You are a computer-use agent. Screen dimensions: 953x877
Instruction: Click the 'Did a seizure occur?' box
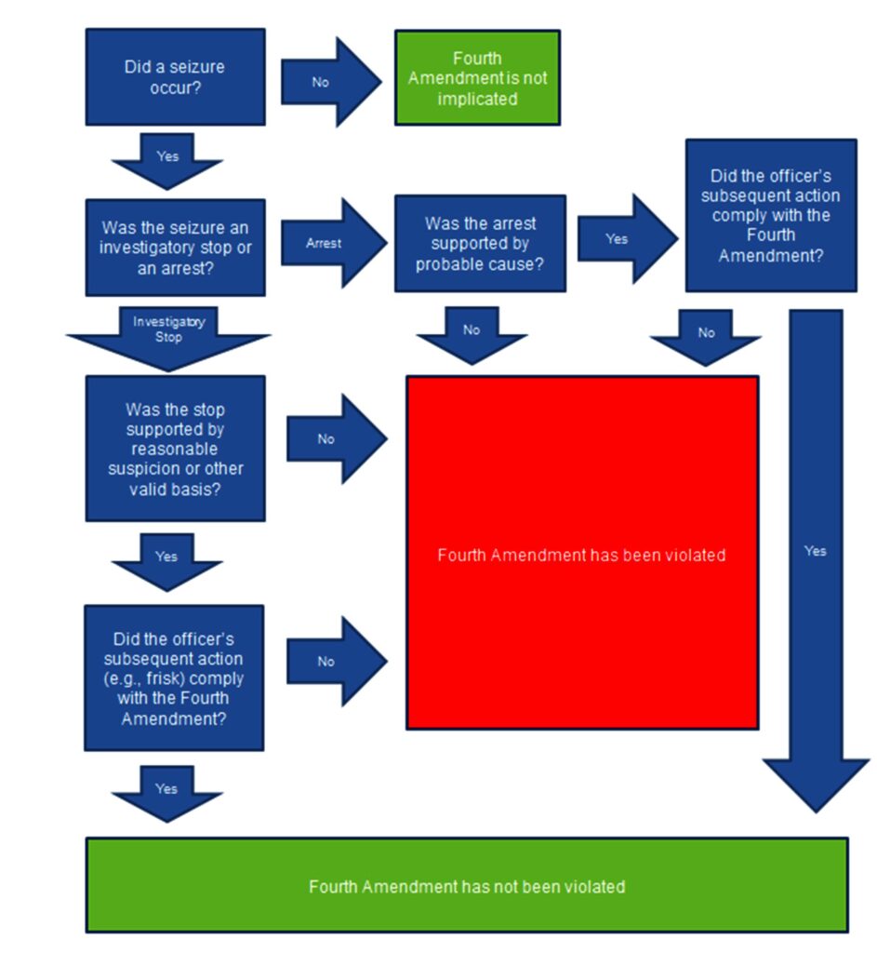(175, 77)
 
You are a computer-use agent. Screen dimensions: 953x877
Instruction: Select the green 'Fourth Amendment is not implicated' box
(477, 78)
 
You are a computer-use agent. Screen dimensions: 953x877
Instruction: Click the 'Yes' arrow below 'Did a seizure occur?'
(167, 159)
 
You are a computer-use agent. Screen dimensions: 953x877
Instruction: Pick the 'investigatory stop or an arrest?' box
(175, 248)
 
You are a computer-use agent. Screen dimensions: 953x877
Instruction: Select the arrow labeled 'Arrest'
(331, 243)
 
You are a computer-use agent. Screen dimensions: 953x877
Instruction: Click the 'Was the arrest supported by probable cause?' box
(480, 244)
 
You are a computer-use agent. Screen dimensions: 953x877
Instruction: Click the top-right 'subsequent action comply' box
(770, 215)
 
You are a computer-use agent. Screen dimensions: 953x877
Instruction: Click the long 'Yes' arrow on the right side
(816, 551)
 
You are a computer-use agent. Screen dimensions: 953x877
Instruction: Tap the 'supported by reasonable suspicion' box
(175, 449)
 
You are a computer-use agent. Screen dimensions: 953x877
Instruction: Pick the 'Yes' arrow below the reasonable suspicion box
(166, 559)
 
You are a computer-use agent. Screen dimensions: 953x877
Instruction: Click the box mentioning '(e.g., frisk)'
(174, 678)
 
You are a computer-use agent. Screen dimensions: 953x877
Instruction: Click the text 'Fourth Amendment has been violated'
(581, 555)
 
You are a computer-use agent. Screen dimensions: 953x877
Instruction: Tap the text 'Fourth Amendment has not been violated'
(467, 886)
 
